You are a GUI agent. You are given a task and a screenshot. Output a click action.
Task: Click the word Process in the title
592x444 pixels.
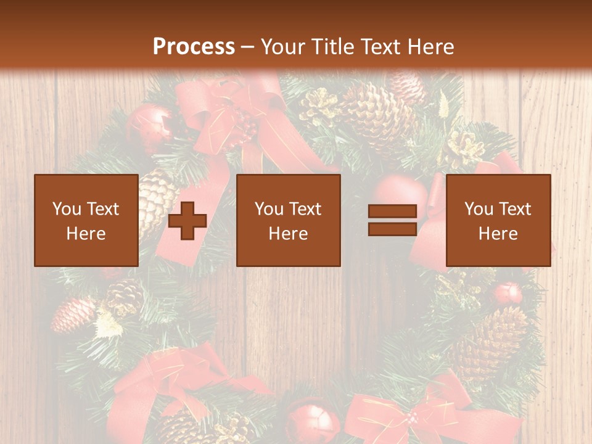(x=194, y=47)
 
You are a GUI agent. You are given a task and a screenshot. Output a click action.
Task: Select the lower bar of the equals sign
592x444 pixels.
(x=393, y=229)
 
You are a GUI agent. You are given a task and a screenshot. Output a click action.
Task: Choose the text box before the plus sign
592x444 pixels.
(x=86, y=220)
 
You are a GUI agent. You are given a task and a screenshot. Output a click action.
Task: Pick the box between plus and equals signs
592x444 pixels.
(x=288, y=220)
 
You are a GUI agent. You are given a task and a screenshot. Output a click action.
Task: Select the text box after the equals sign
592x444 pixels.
(x=498, y=220)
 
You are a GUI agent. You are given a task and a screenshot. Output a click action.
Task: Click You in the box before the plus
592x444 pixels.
(x=66, y=208)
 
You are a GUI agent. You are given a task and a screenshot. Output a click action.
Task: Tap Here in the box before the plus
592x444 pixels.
(x=86, y=234)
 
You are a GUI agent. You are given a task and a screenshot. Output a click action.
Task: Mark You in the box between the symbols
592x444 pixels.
(x=268, y=208)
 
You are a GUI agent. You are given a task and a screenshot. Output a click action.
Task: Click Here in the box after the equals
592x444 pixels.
(x=498, y=234)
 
